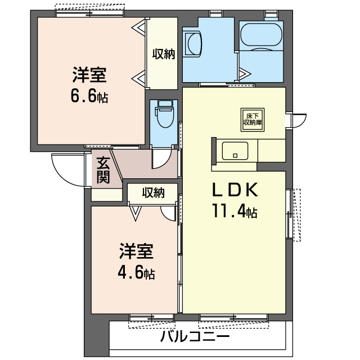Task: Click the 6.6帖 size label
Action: (x=89, y=96)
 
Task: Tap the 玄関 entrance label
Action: (x=102, y=170)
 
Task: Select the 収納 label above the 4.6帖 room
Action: (x=153, y=193)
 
